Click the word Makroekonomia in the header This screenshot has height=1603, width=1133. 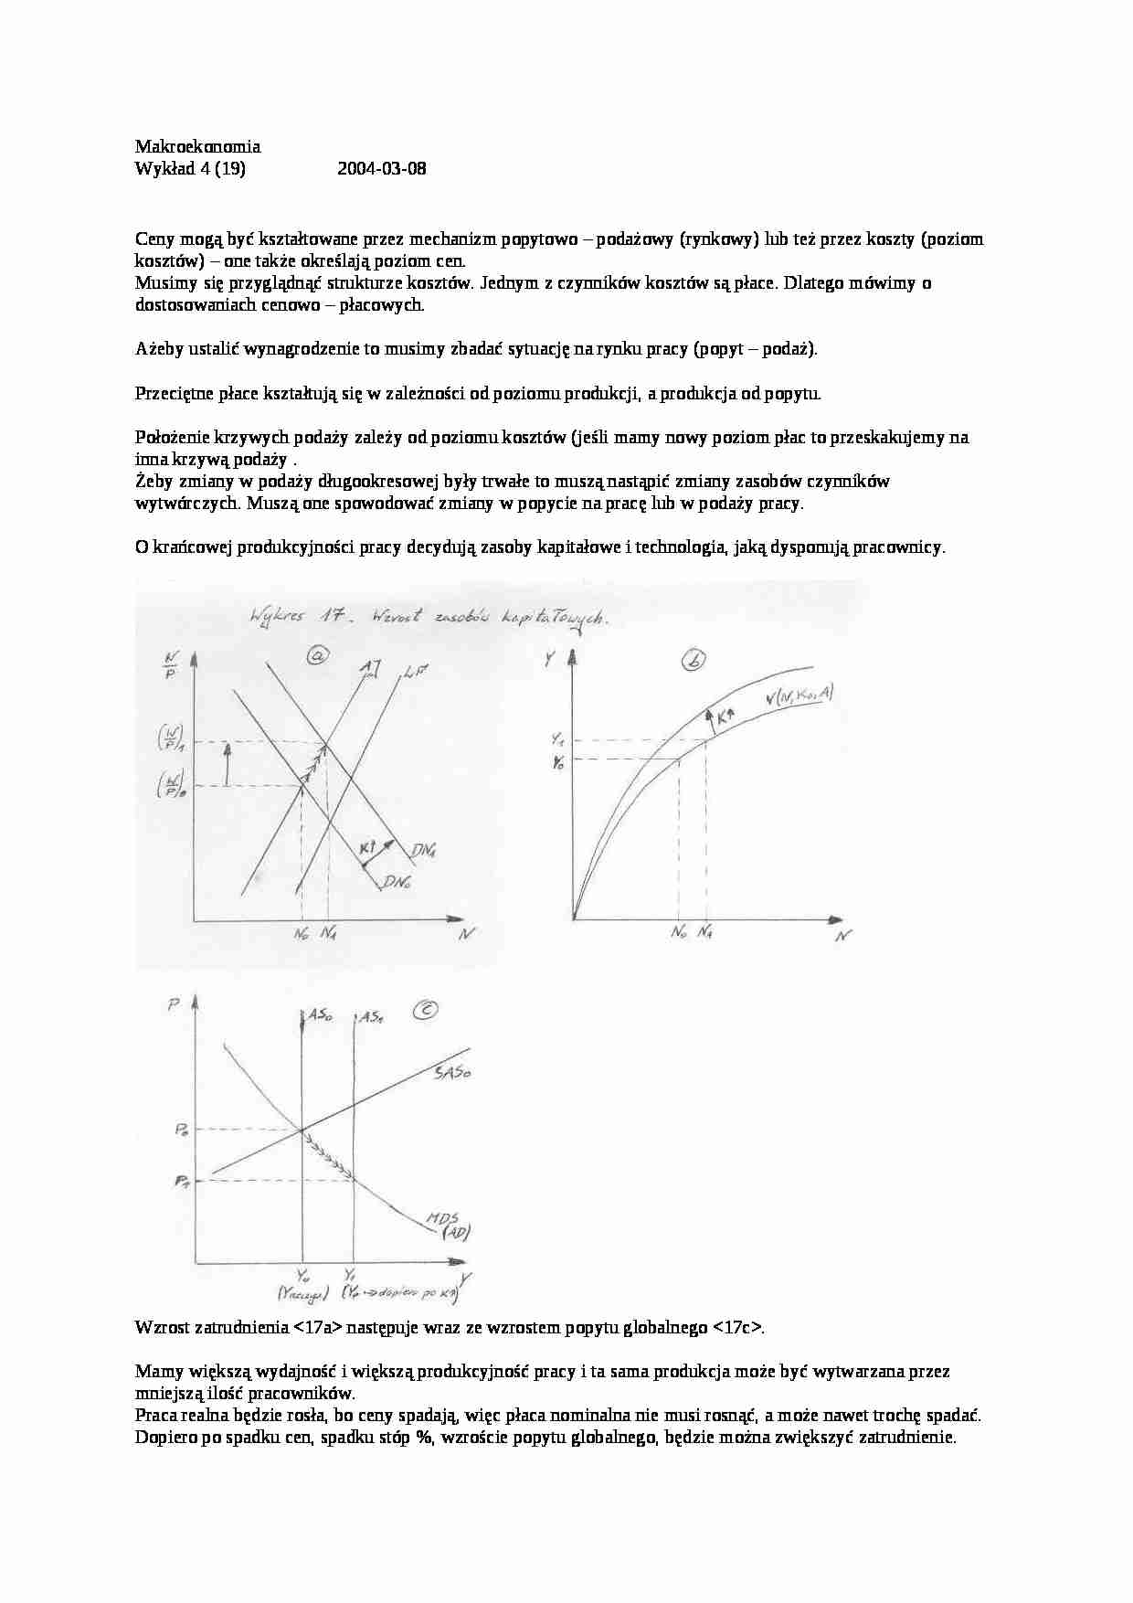197,146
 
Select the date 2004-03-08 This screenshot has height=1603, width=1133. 381,169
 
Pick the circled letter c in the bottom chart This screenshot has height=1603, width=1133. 426,1010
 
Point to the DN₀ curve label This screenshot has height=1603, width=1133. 397,881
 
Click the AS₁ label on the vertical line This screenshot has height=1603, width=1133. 371,1015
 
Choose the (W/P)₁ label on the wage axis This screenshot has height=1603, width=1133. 170,734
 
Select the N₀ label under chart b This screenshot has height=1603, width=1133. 678,934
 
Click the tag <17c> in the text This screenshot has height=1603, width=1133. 736,1328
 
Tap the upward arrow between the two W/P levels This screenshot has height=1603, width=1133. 228,761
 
